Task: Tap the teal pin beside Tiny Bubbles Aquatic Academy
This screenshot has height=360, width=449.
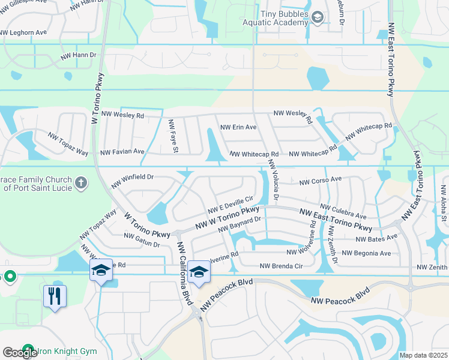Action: [318, 19]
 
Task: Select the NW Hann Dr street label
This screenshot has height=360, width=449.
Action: [79, 55]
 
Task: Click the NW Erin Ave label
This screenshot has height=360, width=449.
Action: [238, 127]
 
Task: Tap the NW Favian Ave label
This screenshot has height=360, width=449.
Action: [122, 152]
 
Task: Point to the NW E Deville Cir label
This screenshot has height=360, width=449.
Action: [231, 205]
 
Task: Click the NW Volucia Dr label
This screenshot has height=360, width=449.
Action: [274, 179]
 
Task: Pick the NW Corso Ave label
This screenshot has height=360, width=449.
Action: [320, 179]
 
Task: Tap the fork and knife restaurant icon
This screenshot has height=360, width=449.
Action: [55, 295]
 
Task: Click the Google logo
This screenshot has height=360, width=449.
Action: [20, 353]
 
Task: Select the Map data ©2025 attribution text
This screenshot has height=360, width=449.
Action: [423, 355]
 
